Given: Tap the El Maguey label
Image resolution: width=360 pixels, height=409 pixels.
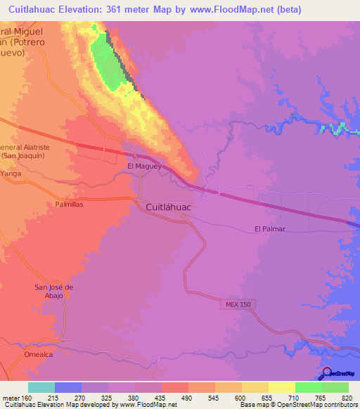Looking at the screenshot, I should [140, 166].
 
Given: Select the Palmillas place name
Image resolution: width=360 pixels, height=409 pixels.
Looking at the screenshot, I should [70, 204].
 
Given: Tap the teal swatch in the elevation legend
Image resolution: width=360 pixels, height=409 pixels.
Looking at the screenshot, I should [41, 387].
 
